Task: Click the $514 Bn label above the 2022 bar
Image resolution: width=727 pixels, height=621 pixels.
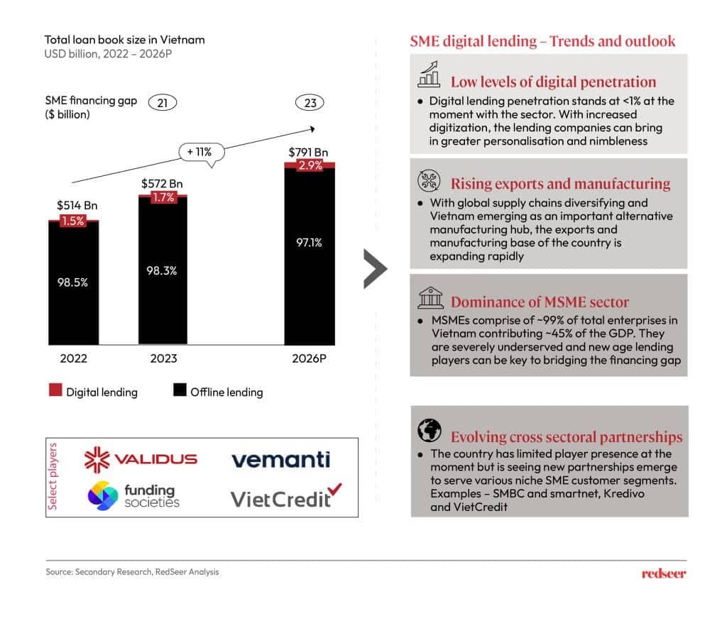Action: [77, 206]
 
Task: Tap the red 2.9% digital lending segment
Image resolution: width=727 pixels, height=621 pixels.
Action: [310, 165]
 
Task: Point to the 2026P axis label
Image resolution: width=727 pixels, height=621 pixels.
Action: [310, 358]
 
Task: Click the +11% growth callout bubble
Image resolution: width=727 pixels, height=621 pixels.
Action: [201, 151]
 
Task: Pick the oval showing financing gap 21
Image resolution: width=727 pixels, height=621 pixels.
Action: [163, 104]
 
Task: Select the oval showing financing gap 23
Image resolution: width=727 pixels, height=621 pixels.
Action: [310, 104]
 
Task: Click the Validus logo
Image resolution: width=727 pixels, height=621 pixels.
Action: [141, 459]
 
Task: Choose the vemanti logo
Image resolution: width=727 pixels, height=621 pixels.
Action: [280, 459]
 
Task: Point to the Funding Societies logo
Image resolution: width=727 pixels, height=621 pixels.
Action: [133, 495]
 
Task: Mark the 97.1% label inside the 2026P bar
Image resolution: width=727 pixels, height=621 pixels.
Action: [309, 243]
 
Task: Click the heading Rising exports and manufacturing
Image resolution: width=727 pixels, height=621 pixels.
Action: [560, 183]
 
